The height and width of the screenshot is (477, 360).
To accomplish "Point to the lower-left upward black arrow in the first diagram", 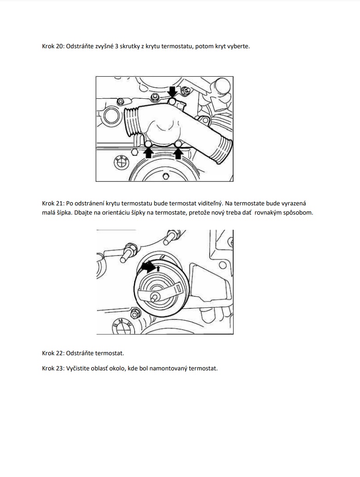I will pos(149,152).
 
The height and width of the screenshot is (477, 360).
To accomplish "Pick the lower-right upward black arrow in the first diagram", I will pos(179,152).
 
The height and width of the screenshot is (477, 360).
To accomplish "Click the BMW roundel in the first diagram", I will pos(120,163).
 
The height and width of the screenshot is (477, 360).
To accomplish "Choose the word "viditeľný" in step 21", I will pos(211,203).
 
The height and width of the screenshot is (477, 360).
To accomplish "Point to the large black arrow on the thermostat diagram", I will pos(148,267).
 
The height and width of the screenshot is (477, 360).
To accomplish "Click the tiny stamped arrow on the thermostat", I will pos(159,267).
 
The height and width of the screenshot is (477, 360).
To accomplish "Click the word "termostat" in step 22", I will pos(109,353).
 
